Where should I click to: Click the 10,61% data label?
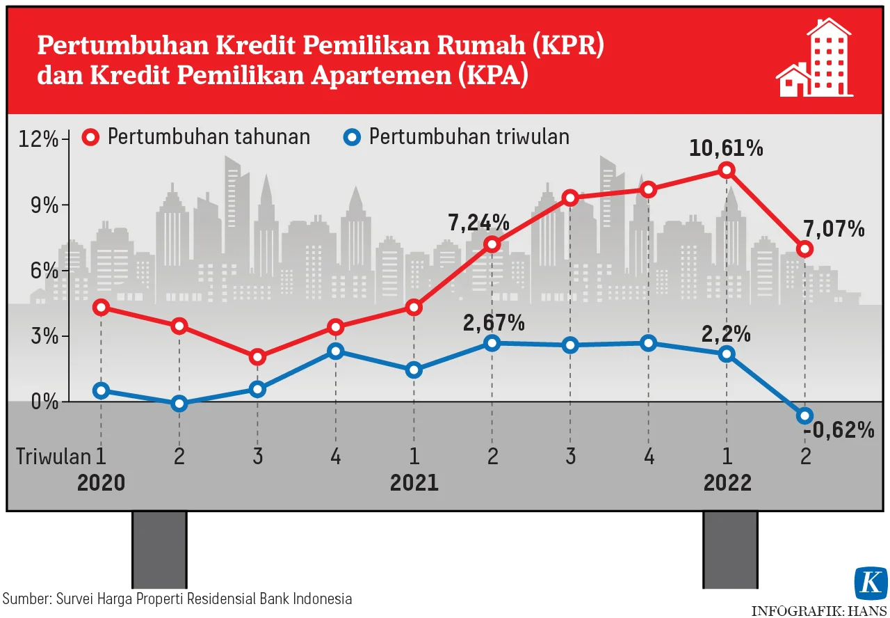pos(726,148)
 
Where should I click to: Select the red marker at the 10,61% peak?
pos(727,170)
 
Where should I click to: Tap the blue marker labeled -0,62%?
pos(805,415)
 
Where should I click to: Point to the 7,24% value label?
pos(479,223)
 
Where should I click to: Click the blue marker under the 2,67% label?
pos(492,343)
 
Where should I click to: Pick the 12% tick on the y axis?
pos(40,139)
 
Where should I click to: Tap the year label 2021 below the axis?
pos(414,482)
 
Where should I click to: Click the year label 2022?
pos(727,482)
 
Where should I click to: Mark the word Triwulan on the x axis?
pos(54,457)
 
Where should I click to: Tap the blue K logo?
pos(871,583)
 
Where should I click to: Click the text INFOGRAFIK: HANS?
pos(819,610)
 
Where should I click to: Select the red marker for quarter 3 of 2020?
pos(257,357)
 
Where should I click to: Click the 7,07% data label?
pos(834,228)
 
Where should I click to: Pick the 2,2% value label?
pos(726,334)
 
